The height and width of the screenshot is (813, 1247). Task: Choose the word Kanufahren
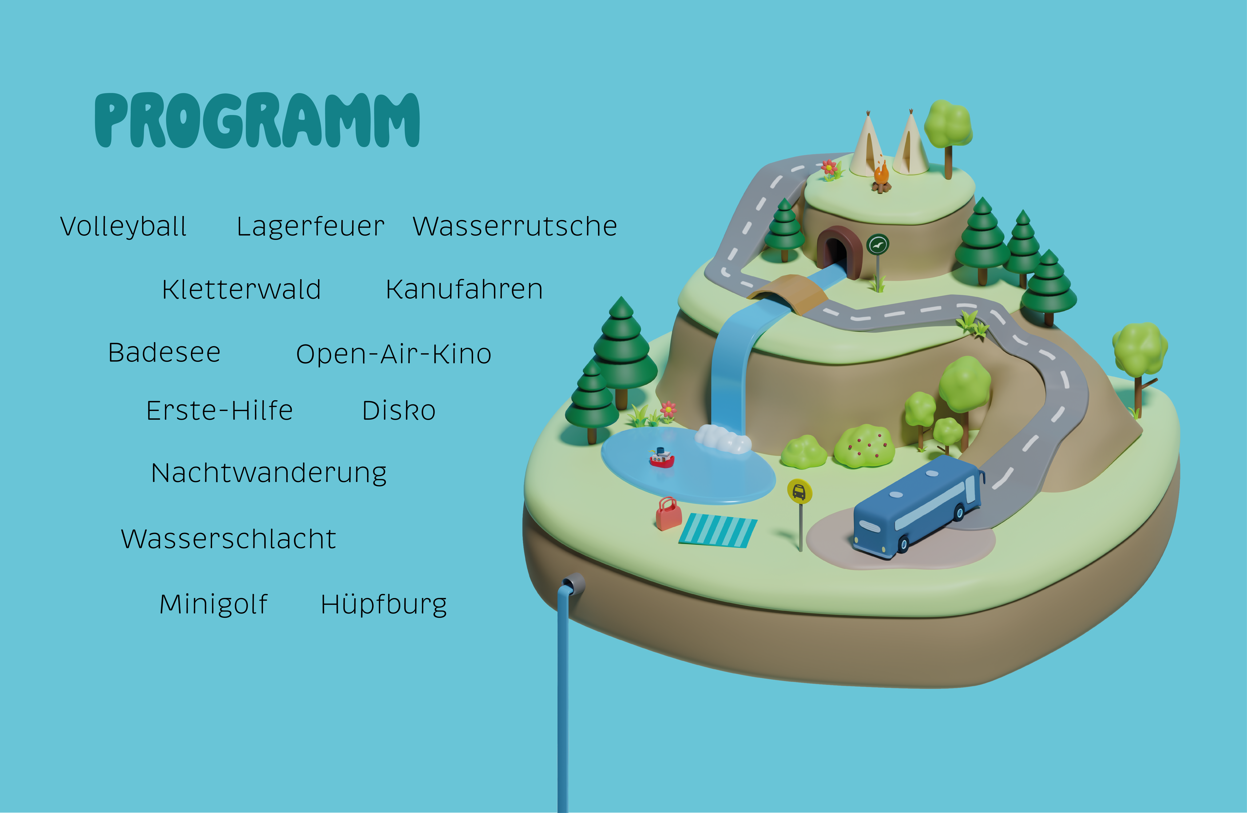(x=464, y=290)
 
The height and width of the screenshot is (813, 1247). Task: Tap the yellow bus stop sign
(x=800, y=492)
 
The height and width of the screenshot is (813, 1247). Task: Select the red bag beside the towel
(x=669, y=514)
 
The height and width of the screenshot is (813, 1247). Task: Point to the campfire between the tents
(x=881, y=178)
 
